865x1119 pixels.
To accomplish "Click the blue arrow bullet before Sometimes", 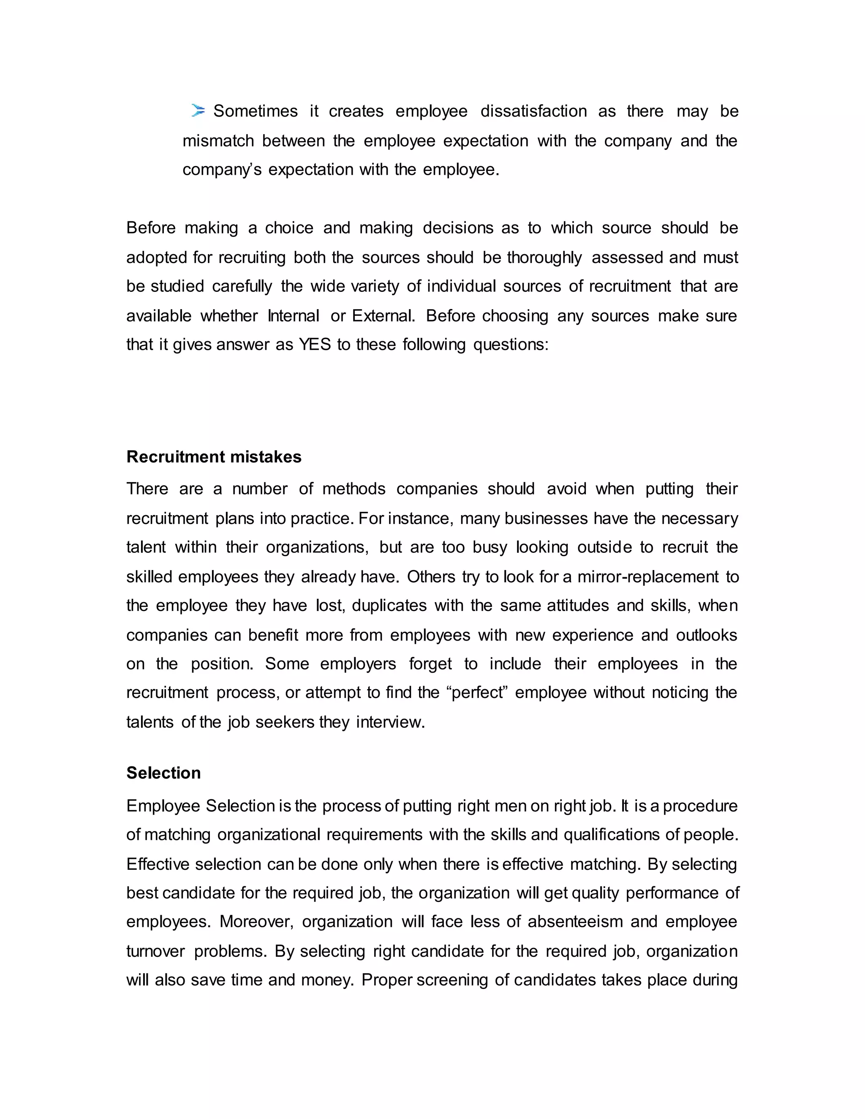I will pyautogui.click(x=198, y=110).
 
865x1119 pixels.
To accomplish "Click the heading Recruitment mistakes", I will pyautogui.click(x=214, y=456).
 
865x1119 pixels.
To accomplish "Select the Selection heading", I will pyautogui.click(x=163, y=773).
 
